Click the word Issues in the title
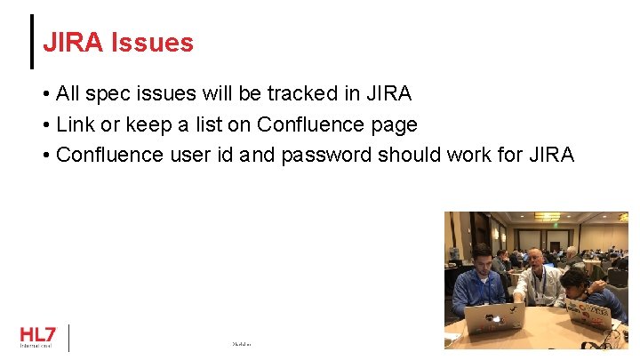[x=152, y=42]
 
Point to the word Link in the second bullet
[x=75, y=124]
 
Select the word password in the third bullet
[x=326, y=155]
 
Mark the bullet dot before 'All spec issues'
[x=45, y=94]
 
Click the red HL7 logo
[x=37, y=334]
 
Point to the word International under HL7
[x=36, y=346]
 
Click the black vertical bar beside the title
[x=32, y=41]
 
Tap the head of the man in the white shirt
[x=535, y=259]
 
